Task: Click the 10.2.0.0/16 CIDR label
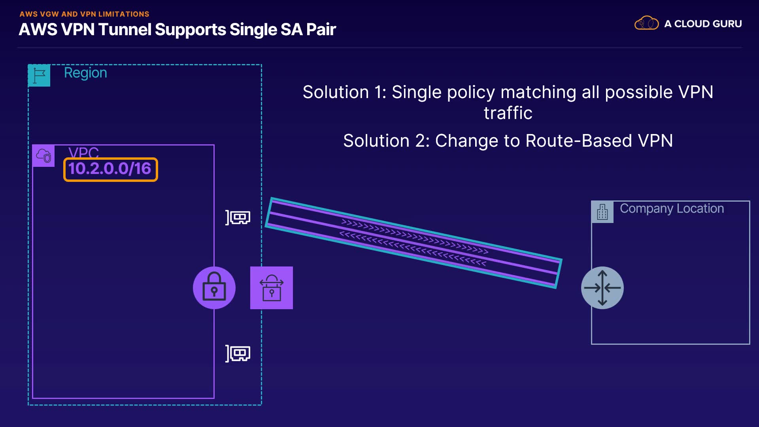pyautogui.click(x=110, y=169)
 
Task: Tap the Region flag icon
pyautogui.click(x=39, y=75)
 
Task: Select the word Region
pyautogui.click(x=85, y=73)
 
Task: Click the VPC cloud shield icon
pyautogui.click(x=43, y=155)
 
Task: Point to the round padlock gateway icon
pyautogui.click(x=214, y=288)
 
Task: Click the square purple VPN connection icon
pyautogui.click(x=272, y=288)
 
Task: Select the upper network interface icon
pyautogui.click(x=238, y=217)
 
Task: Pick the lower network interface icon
pyautogui.click(x=238, y=353)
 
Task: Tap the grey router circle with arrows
pyautogui.click(x=602, y=288)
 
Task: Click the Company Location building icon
pyautogui.click(x=602, y=212)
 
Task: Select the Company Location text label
pyautogui.click(x=672, y=209)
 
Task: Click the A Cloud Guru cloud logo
pyautogui.click(x=647, y=23)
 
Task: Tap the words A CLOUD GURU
pyautogui.click(x=703, y=24)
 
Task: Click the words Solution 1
pyautogui.click(x=344, y=92)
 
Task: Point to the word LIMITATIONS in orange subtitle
pyautogui.click(x=124, y=14)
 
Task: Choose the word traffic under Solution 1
pyautogui.click(x=508, y=113)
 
